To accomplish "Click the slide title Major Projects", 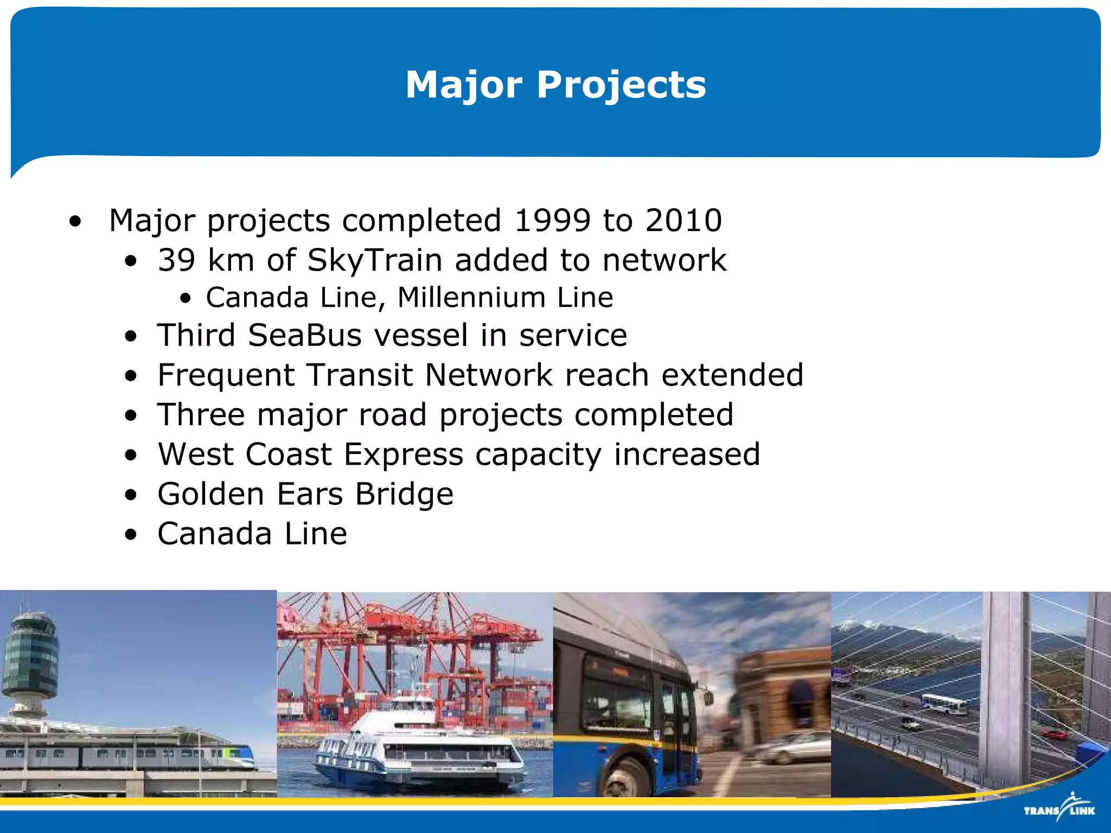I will (555, 85).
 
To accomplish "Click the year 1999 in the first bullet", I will (552, 220).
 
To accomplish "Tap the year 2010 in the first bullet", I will (683, 220).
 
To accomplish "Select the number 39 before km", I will (176, 260).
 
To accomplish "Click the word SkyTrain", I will (375, 261).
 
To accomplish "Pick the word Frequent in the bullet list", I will (226, 375).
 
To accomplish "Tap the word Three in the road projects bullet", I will (201, 415).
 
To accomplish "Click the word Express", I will (404, 454).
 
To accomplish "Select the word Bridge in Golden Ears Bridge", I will (404, 495).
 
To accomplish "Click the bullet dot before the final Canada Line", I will (131, 535).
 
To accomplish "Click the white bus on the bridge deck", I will (944, 704).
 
